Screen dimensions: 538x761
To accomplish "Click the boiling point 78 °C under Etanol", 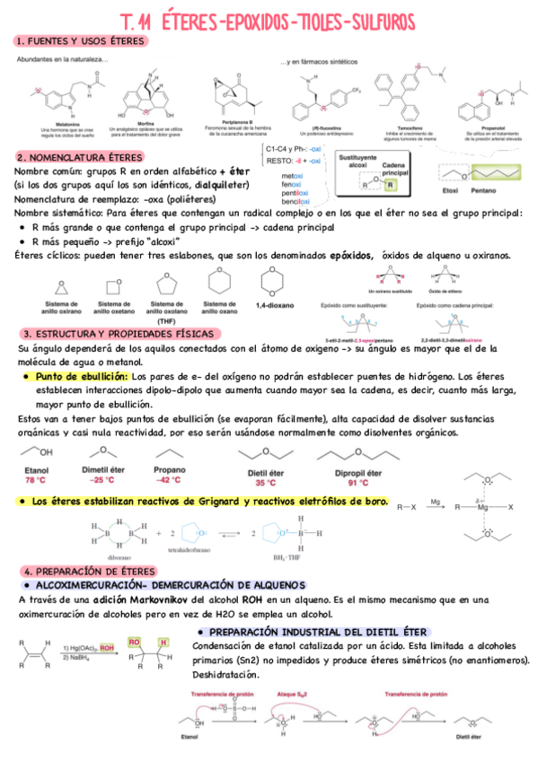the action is [37, 480].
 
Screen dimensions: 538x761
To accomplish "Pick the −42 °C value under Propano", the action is [170, 480].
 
